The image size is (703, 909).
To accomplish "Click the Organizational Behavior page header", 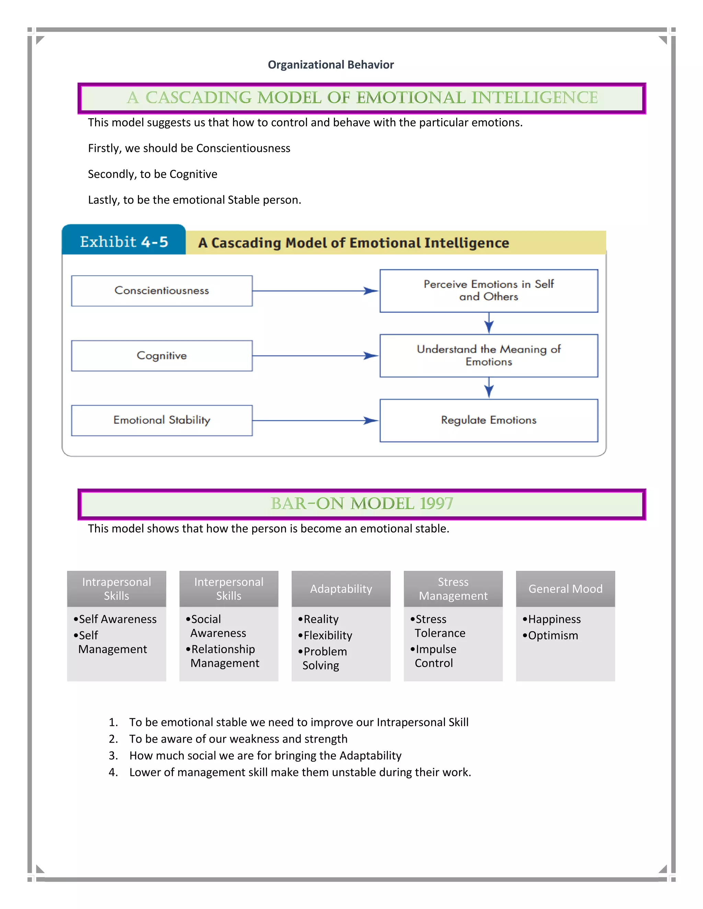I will point(330,65).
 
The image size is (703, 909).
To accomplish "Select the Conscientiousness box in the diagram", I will point(162,291).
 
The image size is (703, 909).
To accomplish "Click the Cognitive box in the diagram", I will point(162,355).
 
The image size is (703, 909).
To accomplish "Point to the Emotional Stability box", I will point(162,420).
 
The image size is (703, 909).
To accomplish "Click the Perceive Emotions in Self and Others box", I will point(488,291).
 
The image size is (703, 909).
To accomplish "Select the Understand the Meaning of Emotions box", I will point(488,355).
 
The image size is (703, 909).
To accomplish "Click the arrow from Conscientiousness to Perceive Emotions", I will point(315,291).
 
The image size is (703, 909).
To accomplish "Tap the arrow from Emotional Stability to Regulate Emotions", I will point(315,421).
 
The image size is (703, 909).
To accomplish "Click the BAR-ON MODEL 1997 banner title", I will point(361,504).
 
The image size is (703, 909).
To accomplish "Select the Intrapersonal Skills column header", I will point(117,589).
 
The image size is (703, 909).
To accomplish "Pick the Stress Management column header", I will point(453,589).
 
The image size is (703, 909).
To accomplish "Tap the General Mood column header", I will point(565,589).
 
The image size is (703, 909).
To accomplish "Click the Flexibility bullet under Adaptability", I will point(328,636).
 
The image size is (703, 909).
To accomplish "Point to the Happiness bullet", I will point(554,619).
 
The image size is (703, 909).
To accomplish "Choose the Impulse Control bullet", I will point(435,656).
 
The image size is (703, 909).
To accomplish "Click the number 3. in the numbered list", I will point(113,755).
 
